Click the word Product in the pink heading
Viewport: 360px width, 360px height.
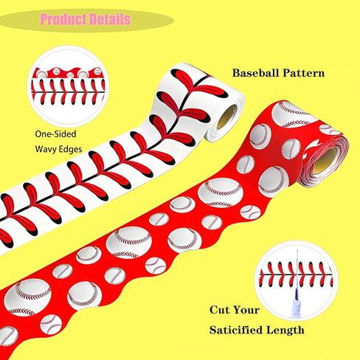(63, 19)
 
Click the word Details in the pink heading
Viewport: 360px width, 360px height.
(109, 19)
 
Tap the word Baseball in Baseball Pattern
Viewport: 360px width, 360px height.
(255, 73)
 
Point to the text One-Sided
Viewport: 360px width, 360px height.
(55, 134)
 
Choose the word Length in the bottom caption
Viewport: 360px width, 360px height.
(285, 330)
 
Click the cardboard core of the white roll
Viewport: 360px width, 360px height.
(226, 117)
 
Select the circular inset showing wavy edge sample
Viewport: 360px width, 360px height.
(69, 86)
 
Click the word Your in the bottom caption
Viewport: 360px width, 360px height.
(246, 310)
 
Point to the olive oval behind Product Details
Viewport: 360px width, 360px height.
(86, 20)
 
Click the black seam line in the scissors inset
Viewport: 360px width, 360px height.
(297, 274)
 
